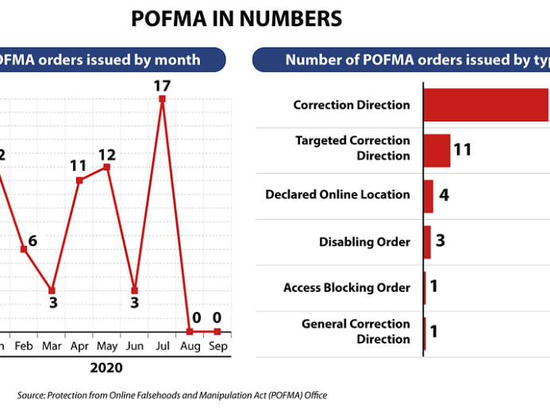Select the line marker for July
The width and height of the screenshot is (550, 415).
[x=162, y=99]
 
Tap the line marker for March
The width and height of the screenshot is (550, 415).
[x=52, y=290]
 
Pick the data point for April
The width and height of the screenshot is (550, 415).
[x=79, y=180]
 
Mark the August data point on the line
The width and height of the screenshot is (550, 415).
[x=190, y=331]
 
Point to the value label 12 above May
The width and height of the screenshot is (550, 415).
[x=107, y=153]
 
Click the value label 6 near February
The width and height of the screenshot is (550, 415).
[x=32, y=241]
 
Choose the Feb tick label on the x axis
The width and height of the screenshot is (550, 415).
[x=25, y=347]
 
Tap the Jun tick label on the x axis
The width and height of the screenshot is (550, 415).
[x=134, y=347]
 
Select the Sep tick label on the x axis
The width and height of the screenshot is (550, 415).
[x=217, y=347]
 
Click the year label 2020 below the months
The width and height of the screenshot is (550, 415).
[x=106, y=368]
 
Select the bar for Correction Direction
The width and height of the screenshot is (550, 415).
[x=486, y=105]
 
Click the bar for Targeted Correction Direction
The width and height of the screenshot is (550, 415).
[x=437, y=150]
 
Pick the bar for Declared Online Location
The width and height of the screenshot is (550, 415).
[x=428, y=196]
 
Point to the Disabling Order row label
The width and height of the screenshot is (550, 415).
[x=364, y=241]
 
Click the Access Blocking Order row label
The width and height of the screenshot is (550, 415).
[x=347, y=287]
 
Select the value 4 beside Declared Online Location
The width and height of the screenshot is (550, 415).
[x=444, y=194]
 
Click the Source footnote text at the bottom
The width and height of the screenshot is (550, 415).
[x=172, y=395]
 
